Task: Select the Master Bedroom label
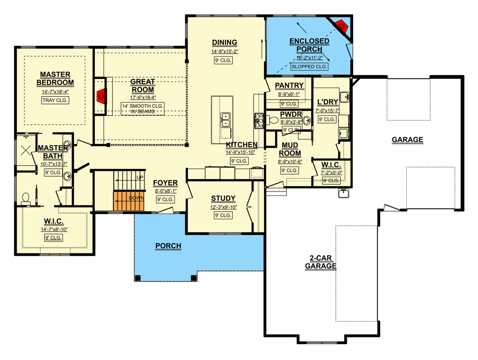(55, 79)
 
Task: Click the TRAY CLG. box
(55, 100)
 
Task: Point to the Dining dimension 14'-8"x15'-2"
(224, 51)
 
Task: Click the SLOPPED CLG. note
(309, 67)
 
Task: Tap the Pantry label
(289, 86)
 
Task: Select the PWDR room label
(290, 114)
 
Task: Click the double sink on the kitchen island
(225, 119)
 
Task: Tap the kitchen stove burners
(259, 121)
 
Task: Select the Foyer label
(166, 183)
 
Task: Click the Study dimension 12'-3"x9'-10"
(223, 207)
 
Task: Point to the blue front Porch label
(168, 246)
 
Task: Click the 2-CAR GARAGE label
(319, 262)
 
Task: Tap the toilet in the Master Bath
(26, 198)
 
